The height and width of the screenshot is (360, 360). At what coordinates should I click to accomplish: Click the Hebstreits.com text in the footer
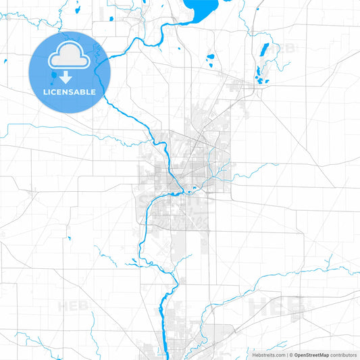click(269, 354)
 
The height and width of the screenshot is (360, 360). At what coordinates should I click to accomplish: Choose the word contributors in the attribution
click(344, 354)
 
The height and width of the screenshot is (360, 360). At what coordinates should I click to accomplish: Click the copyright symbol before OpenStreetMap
click(291, 354)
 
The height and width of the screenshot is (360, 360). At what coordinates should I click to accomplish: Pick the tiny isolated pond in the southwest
click(68, 238)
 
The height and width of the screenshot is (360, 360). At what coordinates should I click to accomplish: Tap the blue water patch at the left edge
click(4, 62)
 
